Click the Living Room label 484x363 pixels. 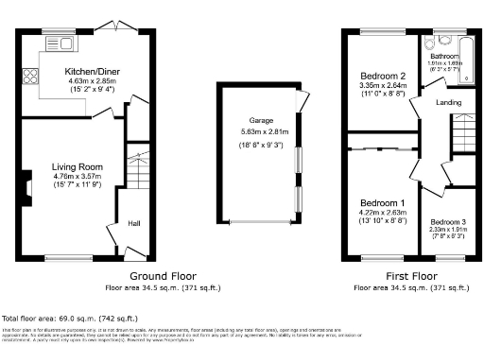[x=77, y=166]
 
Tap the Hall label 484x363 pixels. [x=135, y=223]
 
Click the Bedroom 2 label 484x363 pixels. [x=383, y=76]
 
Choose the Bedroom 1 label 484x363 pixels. [x=383, y=203]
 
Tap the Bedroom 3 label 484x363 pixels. [x=447, y=221]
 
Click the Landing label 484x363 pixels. [x=448, y=101]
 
